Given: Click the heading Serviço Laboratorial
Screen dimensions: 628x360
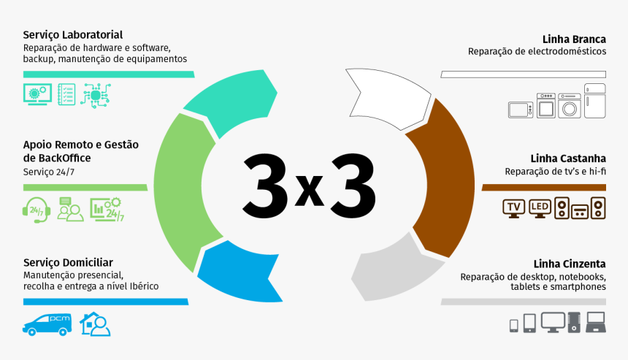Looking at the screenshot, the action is [x=73, y=35].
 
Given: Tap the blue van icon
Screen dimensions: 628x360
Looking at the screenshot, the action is [x=47, y=324].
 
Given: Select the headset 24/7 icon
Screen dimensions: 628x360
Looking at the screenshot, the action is [x=37, y=210].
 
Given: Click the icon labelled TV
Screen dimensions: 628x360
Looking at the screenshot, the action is [x=514, y=208].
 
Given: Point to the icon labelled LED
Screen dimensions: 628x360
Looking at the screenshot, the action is [x=540, y=208].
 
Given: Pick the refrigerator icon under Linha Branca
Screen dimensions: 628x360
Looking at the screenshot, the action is [x=594, y=101].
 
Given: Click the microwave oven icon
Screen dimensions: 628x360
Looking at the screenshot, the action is [x=521, y=110].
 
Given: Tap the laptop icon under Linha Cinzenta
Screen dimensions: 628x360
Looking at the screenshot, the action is [x=596, y=322].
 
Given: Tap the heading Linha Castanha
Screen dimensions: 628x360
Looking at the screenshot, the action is [x=568, y=158].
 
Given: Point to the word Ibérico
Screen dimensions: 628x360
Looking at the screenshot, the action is [x=142, y=286].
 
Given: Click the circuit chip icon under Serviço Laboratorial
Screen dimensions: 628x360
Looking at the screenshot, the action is [x=96, y=96].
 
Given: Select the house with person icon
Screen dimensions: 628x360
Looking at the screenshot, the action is [x=96, y=324].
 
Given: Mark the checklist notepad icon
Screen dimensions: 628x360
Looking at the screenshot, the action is [x=66, y=94].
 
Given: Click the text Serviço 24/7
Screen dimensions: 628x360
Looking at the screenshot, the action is [x=49, y=172].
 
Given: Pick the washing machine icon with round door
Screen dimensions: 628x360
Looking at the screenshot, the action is [x=570, y=106].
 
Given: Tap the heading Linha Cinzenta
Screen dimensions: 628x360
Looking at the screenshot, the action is [x=570, y=264].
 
